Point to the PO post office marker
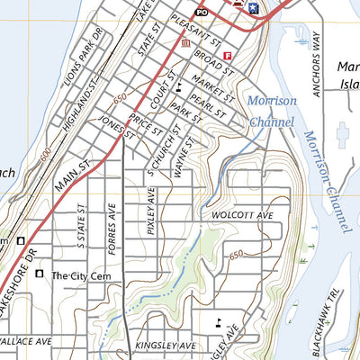coord(202,12)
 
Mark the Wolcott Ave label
coord(242,217)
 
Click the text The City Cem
coord(85,276)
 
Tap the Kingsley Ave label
coord(165,346)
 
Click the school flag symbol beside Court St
coord(181,87)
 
